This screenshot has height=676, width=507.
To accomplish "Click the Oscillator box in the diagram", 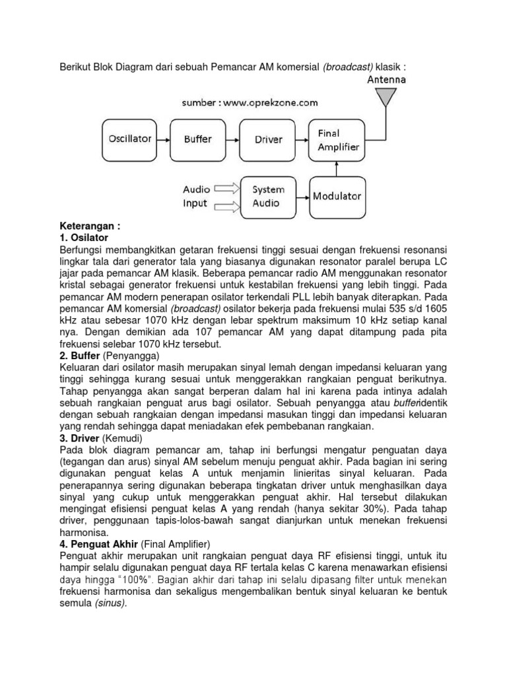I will [x=129, y=139].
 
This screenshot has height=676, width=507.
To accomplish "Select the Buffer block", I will [x=197, y=139].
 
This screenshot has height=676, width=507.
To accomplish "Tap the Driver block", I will [x=268, y=139].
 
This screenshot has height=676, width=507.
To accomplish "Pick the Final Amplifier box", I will [x=338, y=140].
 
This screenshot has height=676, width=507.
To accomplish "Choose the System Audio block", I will [x=267, y=196].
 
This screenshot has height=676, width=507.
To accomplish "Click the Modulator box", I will [x=337, y=196].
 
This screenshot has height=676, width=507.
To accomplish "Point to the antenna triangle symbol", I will [x=386, y=98].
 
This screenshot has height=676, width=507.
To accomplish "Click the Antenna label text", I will [x=386, y=80].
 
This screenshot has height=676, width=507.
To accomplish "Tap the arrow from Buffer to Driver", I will [x=232, y=139].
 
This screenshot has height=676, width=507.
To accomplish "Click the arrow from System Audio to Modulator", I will [x=302, y=196].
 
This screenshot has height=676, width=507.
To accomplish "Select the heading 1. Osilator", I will [x=84, y=236].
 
